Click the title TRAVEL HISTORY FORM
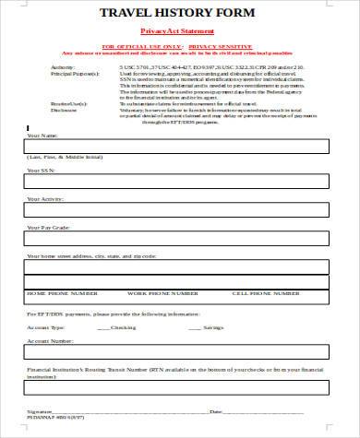pos(179,13)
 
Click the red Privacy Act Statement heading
pos(178,30)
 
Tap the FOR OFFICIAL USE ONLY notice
pos(179,44)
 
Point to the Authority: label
pos(39,67)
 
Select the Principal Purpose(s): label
pos(51,74)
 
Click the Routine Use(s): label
pos(45,102)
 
